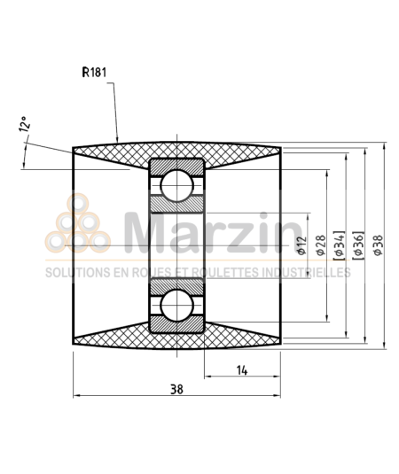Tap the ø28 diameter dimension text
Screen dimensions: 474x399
319,245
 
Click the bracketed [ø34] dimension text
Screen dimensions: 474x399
338,245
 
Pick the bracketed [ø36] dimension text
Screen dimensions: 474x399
358,245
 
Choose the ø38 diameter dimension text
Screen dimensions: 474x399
378,245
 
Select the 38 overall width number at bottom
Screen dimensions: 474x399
177,387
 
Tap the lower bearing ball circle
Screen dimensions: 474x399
177,304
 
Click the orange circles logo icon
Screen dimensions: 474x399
77,225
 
